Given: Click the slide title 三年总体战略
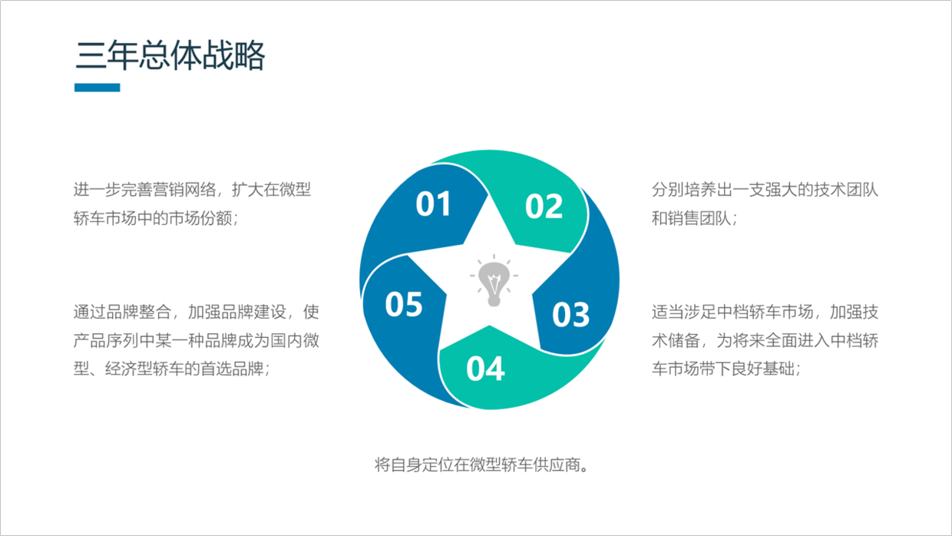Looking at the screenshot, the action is pyautogui.click(x=170, y=56).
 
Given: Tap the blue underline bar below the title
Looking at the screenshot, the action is pyautogui.click(x=98, y=88).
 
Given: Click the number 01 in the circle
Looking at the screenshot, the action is pyautogui.click(x=433, y=204).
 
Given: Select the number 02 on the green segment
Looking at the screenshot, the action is pyautogui.click(x=544, y=207).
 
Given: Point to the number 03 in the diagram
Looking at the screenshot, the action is pyautogui.click(x=570, y=315).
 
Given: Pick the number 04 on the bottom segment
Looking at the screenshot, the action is pyautogui.click(x=485, y=369).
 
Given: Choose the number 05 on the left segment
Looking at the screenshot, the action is pyautogui.click(x=404, y=304).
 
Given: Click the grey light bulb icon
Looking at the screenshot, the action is pyautogui.click(x=494, y=280).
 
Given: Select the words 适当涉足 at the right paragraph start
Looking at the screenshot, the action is pyautogui.click(x=684, y=312).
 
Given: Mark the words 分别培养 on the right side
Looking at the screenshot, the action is pyautogui.click(x=684, y=190).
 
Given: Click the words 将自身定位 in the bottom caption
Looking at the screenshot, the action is pyautogui.click(x=414, y=465).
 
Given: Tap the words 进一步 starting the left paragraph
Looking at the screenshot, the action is pyautogui.click(x=98, y=190).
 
